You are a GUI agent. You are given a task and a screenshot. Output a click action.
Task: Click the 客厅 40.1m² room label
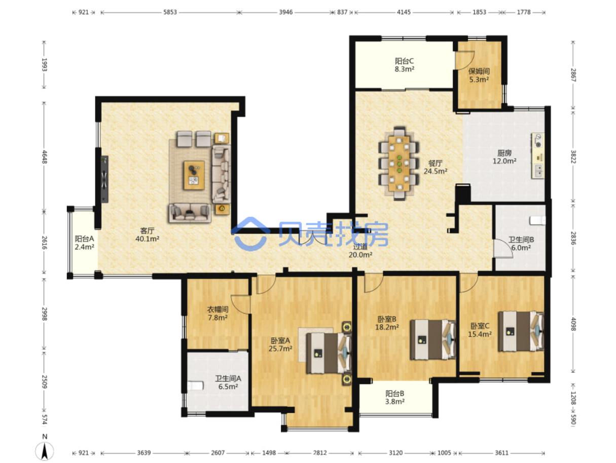[147, 235]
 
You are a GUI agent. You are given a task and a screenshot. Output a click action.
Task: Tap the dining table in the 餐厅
[399, 164]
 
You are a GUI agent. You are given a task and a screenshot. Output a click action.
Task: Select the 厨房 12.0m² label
[504, 157]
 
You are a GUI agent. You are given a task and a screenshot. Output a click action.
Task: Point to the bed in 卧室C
[521, 331]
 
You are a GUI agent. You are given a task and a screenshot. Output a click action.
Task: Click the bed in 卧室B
[432, 340]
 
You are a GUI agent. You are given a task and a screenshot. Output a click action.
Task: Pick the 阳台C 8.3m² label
[404, 65]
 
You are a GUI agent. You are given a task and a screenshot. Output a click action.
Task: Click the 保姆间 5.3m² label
[479, 75]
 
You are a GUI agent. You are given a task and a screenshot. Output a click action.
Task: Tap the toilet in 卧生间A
[195, 385]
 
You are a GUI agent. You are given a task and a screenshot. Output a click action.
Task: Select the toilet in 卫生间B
[537, 220]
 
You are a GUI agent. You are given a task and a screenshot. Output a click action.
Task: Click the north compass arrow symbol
[44, 451]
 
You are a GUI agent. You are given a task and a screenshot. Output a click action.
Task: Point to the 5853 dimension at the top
[170, 12]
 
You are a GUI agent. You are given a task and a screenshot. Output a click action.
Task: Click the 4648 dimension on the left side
[44, 157]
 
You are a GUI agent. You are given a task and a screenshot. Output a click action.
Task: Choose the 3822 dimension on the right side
[573, 157]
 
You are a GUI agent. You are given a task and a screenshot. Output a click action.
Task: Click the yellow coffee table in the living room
[194, 175]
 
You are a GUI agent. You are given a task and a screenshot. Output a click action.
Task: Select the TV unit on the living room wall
[104, 179]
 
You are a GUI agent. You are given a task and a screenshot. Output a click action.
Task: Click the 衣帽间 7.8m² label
[218, 314]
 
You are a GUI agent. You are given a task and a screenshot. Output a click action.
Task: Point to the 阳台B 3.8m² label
[394, 398]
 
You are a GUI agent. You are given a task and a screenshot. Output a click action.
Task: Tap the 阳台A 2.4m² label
[84, 243]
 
